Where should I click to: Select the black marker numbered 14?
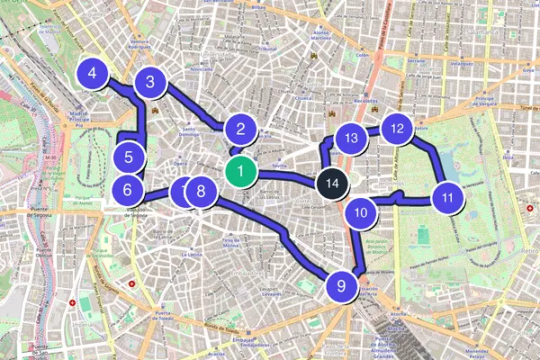[x=333, y=183]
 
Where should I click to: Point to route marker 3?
[x=151, y=84]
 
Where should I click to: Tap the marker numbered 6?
[x=130, y=190]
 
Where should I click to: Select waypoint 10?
[x=360, y=213]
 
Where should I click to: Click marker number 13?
[x=352, y=138]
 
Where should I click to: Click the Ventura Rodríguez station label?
[x=139, y=44]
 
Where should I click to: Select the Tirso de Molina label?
[x=233, y=243]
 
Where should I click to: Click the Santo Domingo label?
[x=188, y=130]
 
